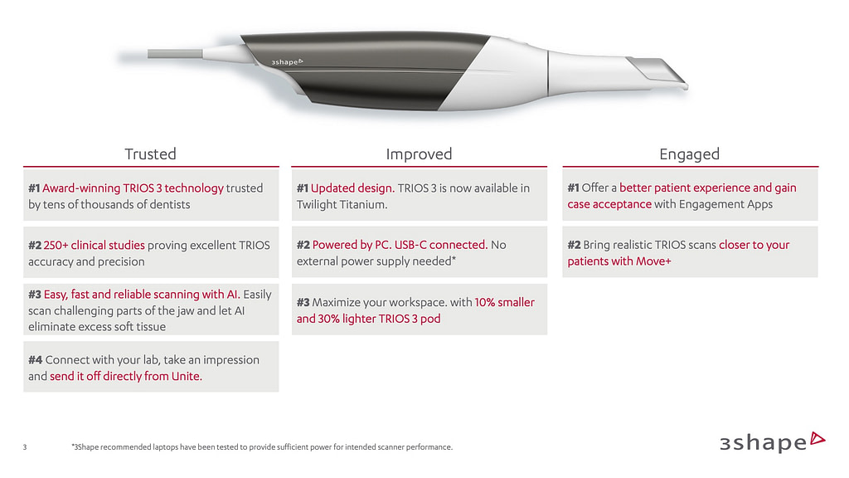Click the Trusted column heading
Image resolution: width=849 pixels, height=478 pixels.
click(150, 154)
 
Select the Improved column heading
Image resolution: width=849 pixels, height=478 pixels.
click(419, 154)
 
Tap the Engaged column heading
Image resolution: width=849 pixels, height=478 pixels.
click(689, 154)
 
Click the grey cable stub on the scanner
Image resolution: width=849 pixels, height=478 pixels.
click(174, 54)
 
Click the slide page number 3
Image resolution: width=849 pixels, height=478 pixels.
click(25, 448)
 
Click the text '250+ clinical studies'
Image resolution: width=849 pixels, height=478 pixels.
click(94, 245)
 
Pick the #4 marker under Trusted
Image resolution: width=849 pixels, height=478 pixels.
click(35, 359)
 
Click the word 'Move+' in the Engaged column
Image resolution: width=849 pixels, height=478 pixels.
click(653, 261)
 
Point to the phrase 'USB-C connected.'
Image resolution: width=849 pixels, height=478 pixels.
click(441, 245)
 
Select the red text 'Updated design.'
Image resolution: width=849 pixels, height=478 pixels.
click(352, 188)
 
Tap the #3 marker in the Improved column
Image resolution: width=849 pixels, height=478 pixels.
click(303, 302)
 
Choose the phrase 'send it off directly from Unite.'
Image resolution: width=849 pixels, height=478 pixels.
click(126, 376)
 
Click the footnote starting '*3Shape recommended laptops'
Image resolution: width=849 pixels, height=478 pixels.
click(263, 448)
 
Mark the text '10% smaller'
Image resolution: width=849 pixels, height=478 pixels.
click(504, 302)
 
